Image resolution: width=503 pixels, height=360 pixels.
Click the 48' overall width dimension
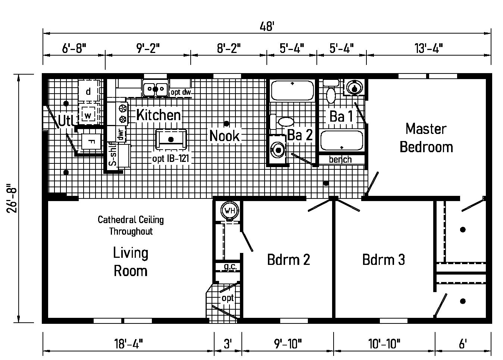coord(267,26)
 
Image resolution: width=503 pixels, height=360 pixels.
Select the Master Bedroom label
coord(426,138)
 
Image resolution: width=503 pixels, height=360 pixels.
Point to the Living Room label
coord(130,262)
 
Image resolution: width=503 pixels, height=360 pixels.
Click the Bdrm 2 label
coord(288,259)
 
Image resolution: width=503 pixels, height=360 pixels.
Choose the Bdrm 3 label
coord(383,259)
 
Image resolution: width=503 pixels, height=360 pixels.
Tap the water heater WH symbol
coord(229,211)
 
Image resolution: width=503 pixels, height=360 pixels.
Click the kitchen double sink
coord(155,89)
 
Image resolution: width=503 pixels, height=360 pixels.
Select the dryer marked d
coord(88,91)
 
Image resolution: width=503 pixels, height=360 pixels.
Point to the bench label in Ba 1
coord(340,160)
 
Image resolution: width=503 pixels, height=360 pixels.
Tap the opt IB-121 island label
coord(171,158)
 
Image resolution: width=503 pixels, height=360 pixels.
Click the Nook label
coord(224,135)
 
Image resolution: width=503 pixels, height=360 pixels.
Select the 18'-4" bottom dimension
coord(128,343)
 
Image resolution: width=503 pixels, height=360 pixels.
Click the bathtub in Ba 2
coord(292,90)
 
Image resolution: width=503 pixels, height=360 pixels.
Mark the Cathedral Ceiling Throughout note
coord(131,225)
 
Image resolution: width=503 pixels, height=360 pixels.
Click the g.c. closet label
coord(228,267)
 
